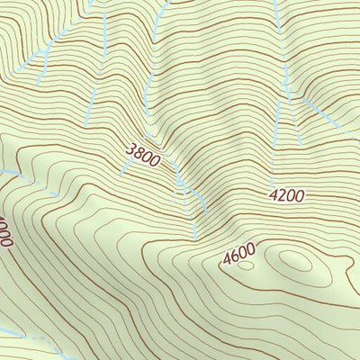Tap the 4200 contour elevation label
[286, 194]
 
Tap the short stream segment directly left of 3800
[123, 169]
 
